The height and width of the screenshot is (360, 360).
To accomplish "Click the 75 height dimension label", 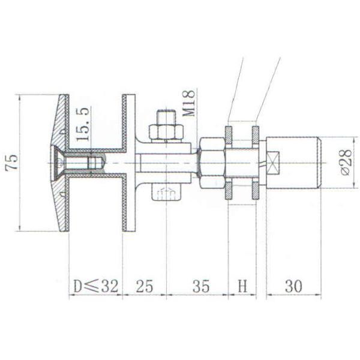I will click(x=11, y=162).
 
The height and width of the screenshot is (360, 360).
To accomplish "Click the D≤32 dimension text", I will click(x=95, y=287).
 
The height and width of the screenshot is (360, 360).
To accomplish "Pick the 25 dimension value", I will click(x=145, y=287).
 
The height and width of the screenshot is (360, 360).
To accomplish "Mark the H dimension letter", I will click(x=242, y=287).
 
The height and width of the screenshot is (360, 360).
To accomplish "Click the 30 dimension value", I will click(x=293, y=287).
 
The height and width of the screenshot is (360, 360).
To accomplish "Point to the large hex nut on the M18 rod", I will click(x=211, y=162).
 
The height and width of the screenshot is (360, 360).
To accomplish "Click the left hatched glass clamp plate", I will click(x=229, y=162).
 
